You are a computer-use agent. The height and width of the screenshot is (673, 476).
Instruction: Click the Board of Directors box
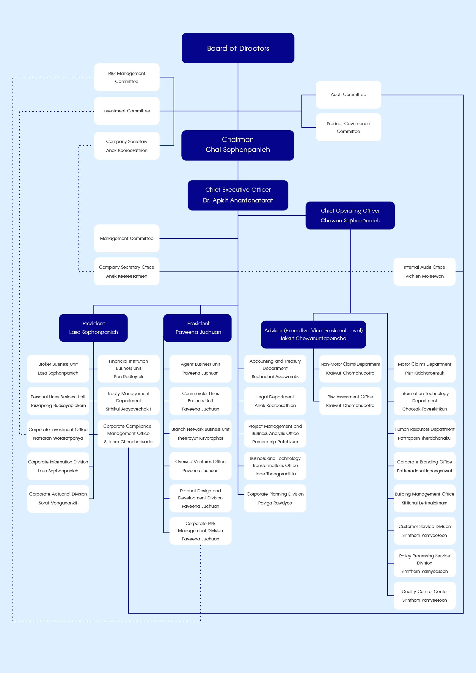[x=238, y=48]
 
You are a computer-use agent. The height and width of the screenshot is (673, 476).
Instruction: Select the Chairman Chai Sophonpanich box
[x=238, y=145]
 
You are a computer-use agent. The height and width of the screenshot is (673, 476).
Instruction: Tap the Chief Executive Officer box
[x=238, y=195]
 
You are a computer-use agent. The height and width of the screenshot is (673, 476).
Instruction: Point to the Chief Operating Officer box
[x=350, y=216]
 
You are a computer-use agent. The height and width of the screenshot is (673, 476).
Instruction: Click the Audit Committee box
[x=348, y=95]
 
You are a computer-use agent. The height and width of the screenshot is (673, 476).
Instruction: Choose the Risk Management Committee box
[x=127, y=77]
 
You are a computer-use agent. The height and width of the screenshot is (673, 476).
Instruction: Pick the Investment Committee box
[x=127, y=111]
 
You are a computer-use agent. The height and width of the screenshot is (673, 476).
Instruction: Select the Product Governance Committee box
[x=348, y=127]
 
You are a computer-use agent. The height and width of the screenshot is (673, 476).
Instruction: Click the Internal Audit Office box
[x=424, y=272]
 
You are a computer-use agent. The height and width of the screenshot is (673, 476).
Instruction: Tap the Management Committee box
[x=127, y=238]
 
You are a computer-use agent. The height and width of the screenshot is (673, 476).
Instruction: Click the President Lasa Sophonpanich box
[x=93, y=328]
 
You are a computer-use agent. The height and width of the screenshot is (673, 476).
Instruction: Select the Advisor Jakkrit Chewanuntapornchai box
[x=313, y=334]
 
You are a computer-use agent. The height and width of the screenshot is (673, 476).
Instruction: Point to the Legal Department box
[x=275, y=401]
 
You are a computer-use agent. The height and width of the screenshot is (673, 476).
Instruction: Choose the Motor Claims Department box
[x=424, y=369]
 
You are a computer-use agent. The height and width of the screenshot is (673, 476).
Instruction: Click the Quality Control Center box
[x=424, y=596]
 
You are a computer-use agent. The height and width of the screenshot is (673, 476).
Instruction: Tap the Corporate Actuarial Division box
[x=58, y=499]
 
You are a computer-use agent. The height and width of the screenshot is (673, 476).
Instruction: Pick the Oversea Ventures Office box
[x=200, y=466]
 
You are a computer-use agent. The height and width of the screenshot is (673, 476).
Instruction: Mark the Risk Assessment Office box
[x=350, y=401]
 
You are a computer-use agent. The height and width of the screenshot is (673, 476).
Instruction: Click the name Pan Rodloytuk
[x=128, y=377]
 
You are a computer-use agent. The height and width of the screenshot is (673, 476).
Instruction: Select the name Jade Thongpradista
[x=275, y=474]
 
